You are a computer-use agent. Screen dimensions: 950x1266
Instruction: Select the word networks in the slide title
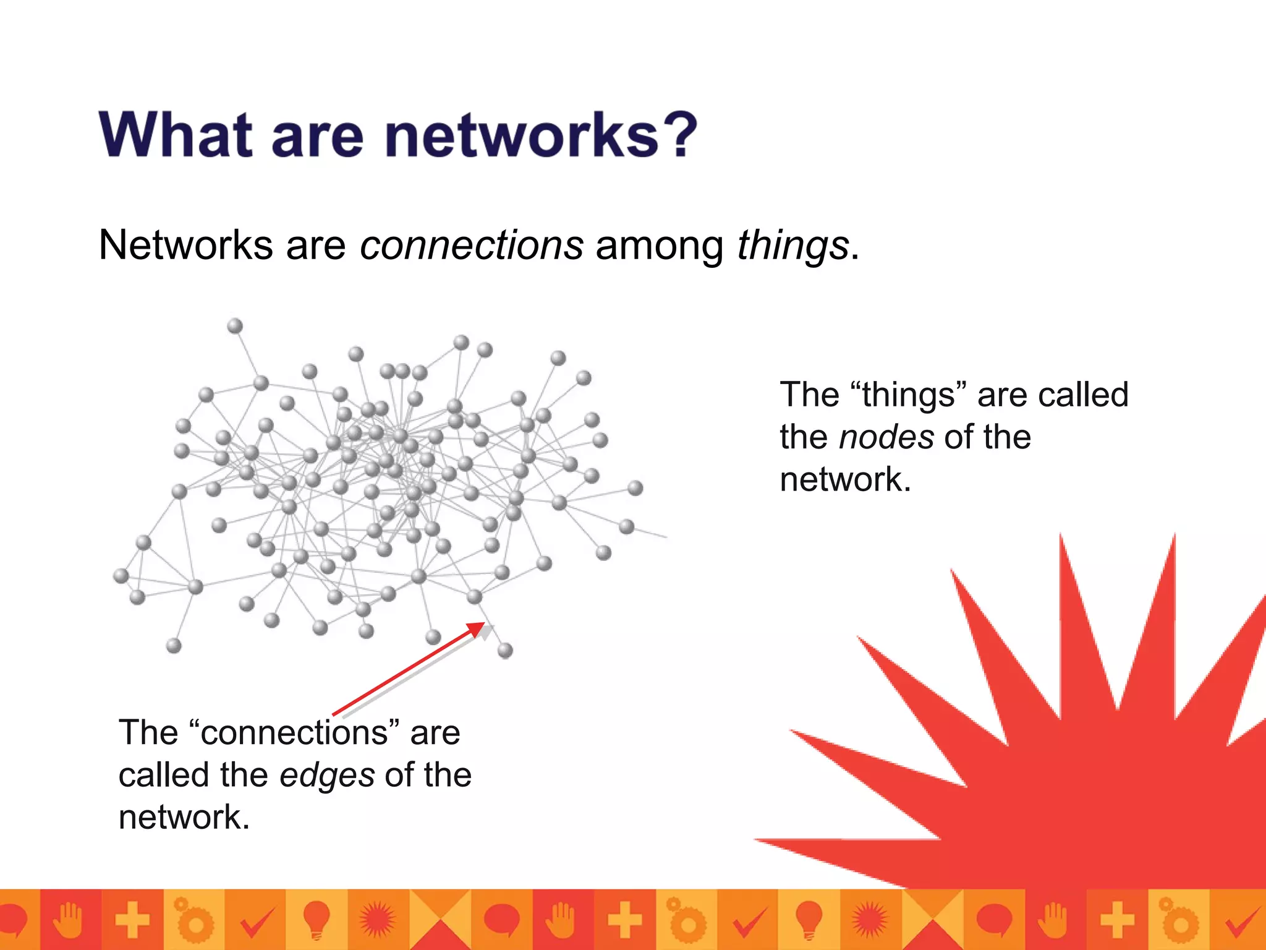pos(522,135)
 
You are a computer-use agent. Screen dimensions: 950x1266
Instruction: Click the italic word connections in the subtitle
pos(472,246)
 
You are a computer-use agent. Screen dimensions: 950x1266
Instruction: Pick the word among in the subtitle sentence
pos(659,246)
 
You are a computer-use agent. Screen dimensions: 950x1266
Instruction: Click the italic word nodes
pos(886,437)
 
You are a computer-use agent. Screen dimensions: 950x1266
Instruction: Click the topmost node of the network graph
pos(235,326)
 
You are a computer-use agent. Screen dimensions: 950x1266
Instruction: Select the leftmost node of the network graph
pos(121,576)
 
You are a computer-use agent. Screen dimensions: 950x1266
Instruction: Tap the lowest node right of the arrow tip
pos(505,650)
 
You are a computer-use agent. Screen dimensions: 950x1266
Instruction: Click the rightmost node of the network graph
pos(635,488)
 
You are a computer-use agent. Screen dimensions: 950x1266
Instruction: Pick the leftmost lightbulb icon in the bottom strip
pos(316,919)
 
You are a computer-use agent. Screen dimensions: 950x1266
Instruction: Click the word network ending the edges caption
pos(184,818)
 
